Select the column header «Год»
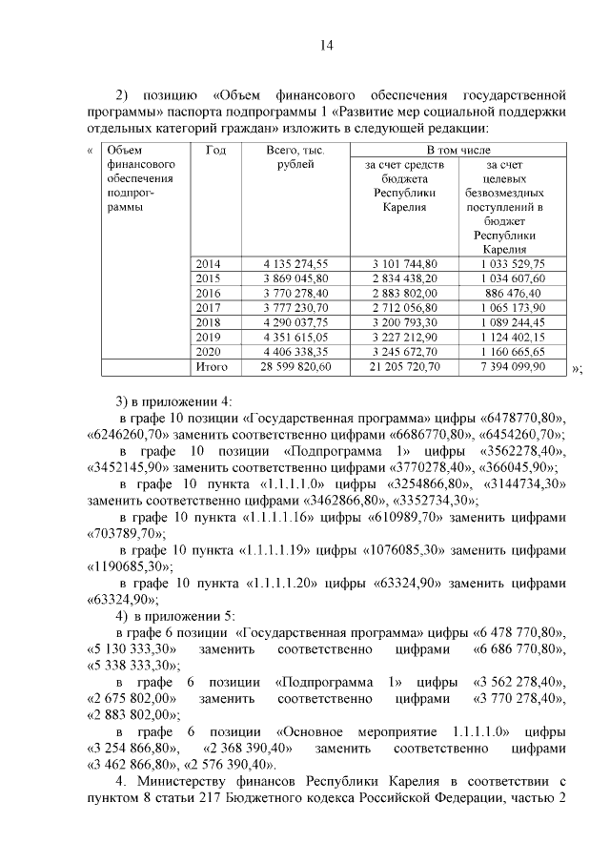pos(214,151)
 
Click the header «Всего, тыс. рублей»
pos(295,158)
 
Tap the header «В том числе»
pos(458,151)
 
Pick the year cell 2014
pos(207,263)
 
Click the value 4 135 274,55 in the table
pos(295,263)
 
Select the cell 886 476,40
pos(513,293)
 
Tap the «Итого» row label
pos(212,367)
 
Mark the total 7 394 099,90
pos(510,367)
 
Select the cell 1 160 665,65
pos(513,352)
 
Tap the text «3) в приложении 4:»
pos(168,400)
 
